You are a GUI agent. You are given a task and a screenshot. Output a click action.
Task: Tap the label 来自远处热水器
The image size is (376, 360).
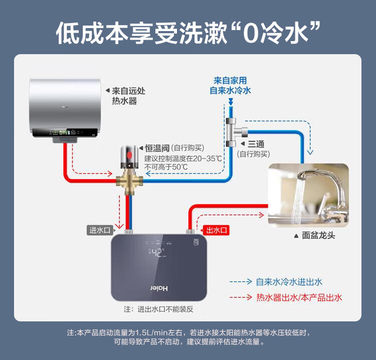coord(129,96)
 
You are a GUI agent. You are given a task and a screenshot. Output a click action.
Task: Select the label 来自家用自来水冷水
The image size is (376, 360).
coord(230,85)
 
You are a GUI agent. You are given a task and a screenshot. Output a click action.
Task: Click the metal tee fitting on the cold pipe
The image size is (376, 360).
coord(234,132)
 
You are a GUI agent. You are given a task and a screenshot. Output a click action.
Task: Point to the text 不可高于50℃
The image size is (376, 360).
coord(166,166)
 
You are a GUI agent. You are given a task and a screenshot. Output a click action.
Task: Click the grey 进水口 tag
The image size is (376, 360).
coord(99,230)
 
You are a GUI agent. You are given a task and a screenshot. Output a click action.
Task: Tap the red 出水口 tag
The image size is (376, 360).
coord(217,230)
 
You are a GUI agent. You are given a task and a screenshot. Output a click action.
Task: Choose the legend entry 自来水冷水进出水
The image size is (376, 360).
coord(289,282)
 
